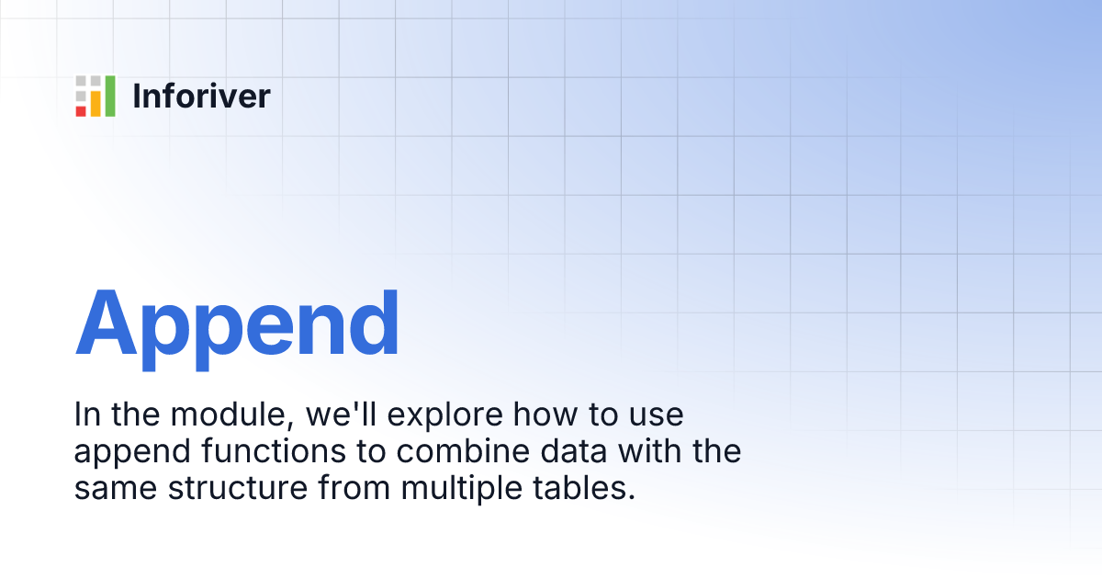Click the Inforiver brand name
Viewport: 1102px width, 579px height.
click(x=201, y=96)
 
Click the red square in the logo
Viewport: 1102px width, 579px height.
click(x=81, y=111)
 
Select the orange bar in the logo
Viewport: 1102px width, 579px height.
click(x=96, y=103)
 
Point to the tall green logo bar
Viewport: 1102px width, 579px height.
click(x=110, y=96)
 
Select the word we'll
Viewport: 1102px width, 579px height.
click(x=342, y=414)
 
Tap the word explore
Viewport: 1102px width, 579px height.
click(x=445, y=416)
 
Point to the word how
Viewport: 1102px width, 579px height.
click(x=545, y=414)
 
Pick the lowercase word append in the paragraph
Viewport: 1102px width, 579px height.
click(x=132, y=454)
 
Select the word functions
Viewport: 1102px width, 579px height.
click(x=274, y=451)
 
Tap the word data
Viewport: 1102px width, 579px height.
click(x=574, y=451)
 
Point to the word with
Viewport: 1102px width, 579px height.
click(x=650, y=451)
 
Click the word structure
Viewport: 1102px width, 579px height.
click(x=238, y=489)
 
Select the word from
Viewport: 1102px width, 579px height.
click(x=354, y=488)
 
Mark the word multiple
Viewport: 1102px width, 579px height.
click(x=461, y=491)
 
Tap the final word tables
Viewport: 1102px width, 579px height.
click(x=584, y=488)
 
